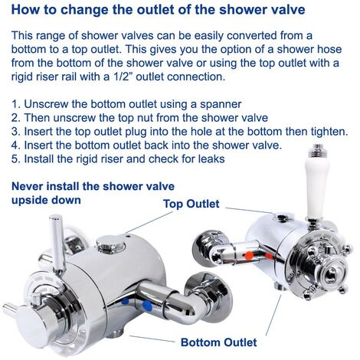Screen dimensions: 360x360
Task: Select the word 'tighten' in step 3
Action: point(325,131)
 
